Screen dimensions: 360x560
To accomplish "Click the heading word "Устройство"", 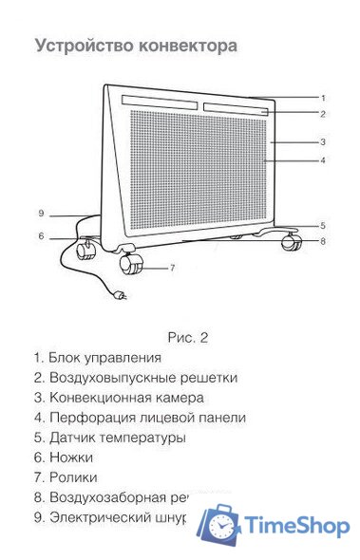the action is click(78, 47).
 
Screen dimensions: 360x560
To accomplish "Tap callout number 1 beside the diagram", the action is click(323, 98).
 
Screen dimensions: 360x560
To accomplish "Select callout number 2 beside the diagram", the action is click(323, 114).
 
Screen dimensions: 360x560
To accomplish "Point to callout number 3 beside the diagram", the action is click(323, 142).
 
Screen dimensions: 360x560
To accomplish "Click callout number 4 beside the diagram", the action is click(323, 161).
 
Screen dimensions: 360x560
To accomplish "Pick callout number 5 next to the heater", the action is click(323, 226).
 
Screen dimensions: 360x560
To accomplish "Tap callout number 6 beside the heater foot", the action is click(323, 241).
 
